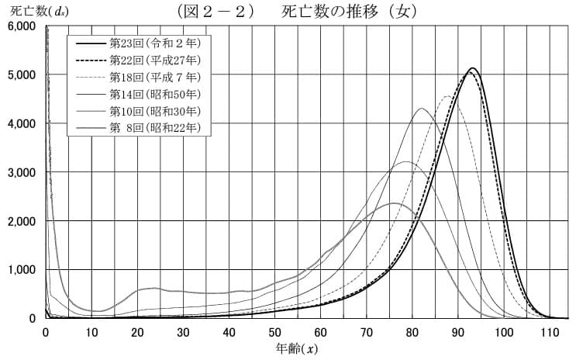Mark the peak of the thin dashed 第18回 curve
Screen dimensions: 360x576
[x=448, y=96]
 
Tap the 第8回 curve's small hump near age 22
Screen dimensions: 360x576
[x=151, y=289]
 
